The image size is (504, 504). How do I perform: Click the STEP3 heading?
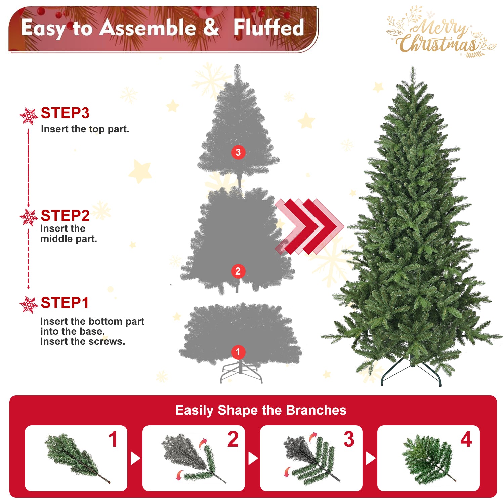(x=65, y=113)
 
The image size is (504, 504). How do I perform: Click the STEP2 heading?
(x=65, y=216)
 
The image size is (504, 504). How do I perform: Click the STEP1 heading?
(x=65, y=303)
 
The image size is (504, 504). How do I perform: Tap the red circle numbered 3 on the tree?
(x=238, y=152)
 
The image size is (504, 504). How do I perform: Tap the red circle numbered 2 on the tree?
(x=238, y=271)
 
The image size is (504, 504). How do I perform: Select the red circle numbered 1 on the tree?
(x=238, y=352)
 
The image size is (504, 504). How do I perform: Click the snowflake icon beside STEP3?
(x=29, y=116)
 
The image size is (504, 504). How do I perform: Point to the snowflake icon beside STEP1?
(x=29, y=305)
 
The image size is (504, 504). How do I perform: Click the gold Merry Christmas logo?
(x=440, y=34)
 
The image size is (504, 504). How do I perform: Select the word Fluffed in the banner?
(x=268, y=28)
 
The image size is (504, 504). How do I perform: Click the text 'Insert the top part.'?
(x=85, y=129)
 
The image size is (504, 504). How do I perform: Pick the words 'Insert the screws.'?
(x=83, y=342)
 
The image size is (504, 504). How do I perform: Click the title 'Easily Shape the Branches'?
(x=261, y=410)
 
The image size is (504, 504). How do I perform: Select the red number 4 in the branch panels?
(x=466, y=439)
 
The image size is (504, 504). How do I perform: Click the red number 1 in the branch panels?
(x=113, y=439)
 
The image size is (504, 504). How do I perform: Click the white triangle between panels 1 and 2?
(x=135, y=458)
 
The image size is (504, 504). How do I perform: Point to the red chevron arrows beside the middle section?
(x=309, y=226)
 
